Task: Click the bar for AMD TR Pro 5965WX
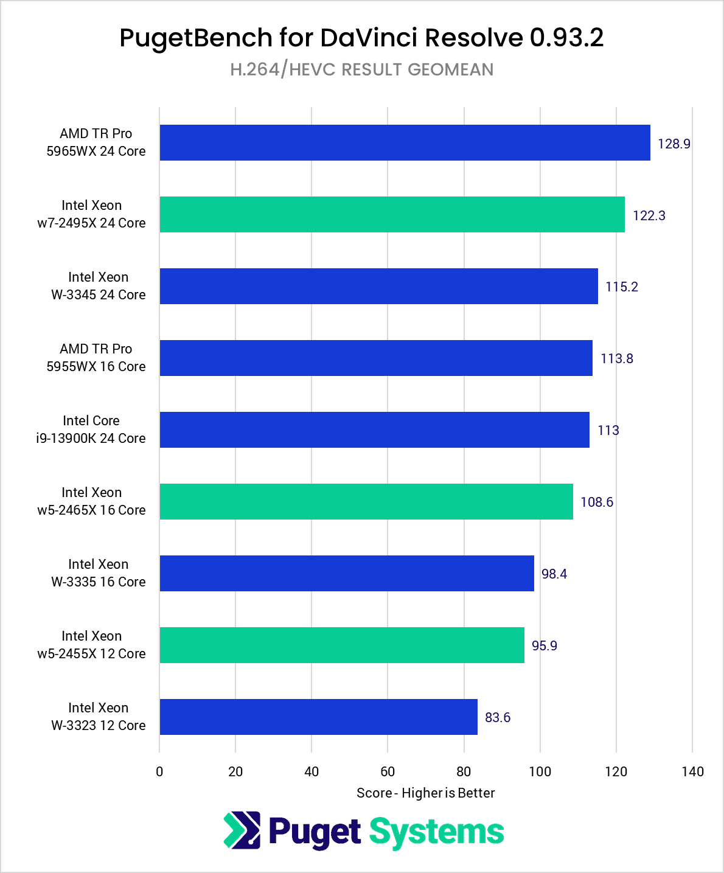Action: click(405, 143)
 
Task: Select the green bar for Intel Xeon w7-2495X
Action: click(392, 215)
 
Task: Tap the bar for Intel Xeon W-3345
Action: click(378, 287)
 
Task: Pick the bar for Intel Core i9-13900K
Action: click(374, 430)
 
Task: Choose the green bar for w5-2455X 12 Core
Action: click(341, 645)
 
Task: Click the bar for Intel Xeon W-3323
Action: click(318, 717)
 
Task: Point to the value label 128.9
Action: click(674, 144)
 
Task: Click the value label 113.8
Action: click(616, 359)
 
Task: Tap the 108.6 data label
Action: click(596, 503)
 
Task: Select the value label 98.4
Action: click(554, 574)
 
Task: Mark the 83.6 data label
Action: click(497, 718)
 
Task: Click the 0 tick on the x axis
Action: click(159, 772)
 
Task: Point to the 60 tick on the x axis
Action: click(388, 772)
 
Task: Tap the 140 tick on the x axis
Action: click(692, 772)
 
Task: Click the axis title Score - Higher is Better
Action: click(425, 793)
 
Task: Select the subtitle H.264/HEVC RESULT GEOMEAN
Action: click(361, 70)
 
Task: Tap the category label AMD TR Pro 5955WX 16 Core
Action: click(96, 358)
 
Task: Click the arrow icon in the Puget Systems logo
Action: click(242, 830)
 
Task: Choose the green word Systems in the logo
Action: click(436, 832)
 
